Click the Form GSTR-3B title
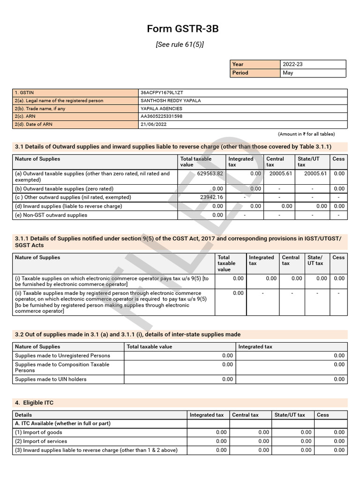[183, 29]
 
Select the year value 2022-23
[292, 64]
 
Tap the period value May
[288, 73]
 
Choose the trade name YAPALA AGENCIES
[161, 109]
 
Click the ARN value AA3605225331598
[161, 117]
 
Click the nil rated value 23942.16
[211, 197]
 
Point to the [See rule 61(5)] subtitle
[180, 45]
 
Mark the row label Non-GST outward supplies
[51, 215]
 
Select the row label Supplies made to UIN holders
[51, 379]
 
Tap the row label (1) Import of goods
[38, 432]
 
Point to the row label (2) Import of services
[41, 441]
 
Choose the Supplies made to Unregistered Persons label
[62, 356]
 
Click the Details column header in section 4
[23, 415]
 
